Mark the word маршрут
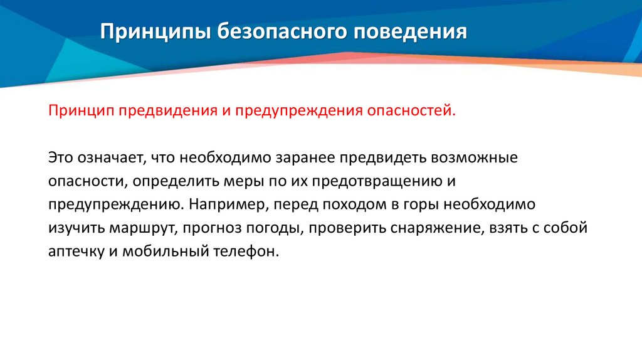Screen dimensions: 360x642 pos(138,228)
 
